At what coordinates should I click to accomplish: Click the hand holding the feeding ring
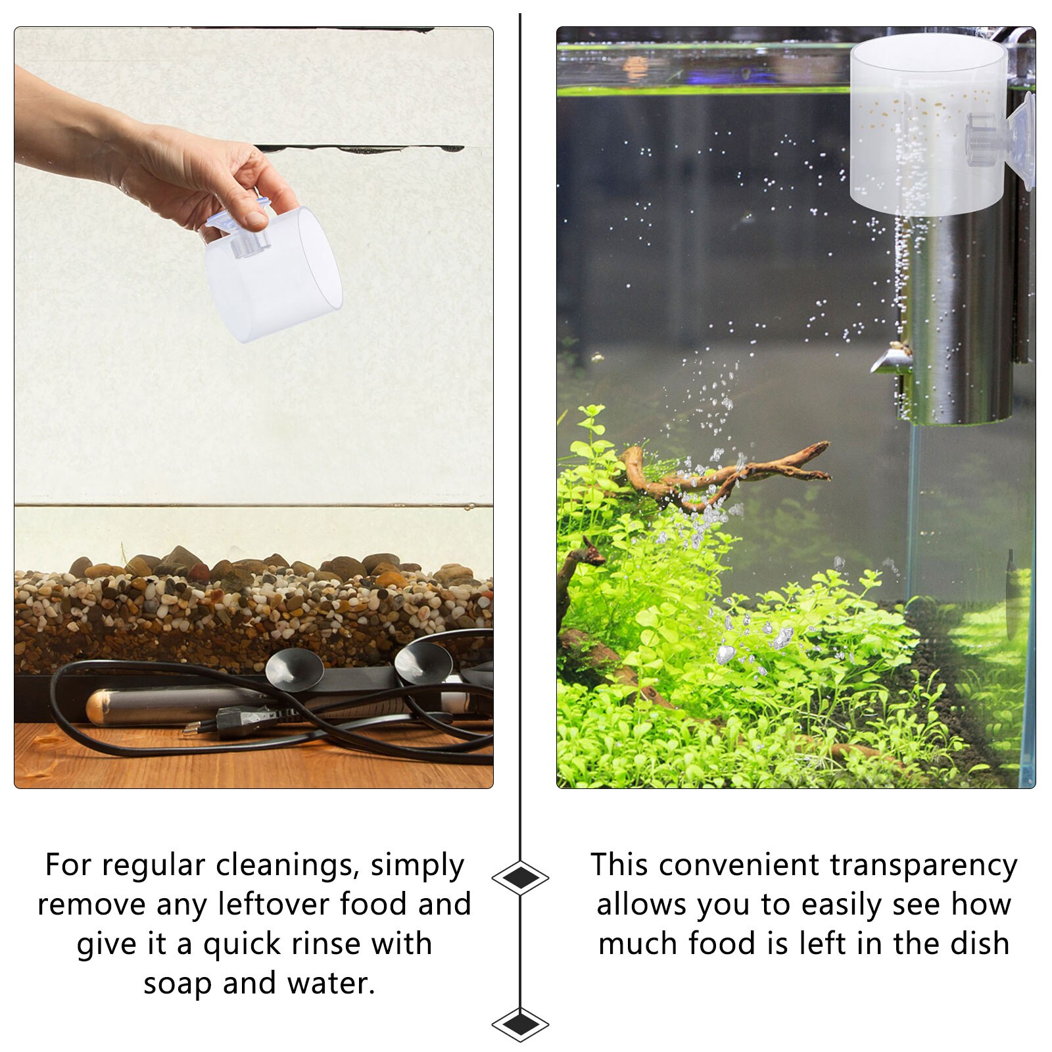click(197, 171)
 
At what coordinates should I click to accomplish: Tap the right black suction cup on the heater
click(423, 661)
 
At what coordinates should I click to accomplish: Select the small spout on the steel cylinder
click(891, 362)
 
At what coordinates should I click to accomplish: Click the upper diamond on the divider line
click(520, 878)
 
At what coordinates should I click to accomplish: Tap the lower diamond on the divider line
click(520, 1024)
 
